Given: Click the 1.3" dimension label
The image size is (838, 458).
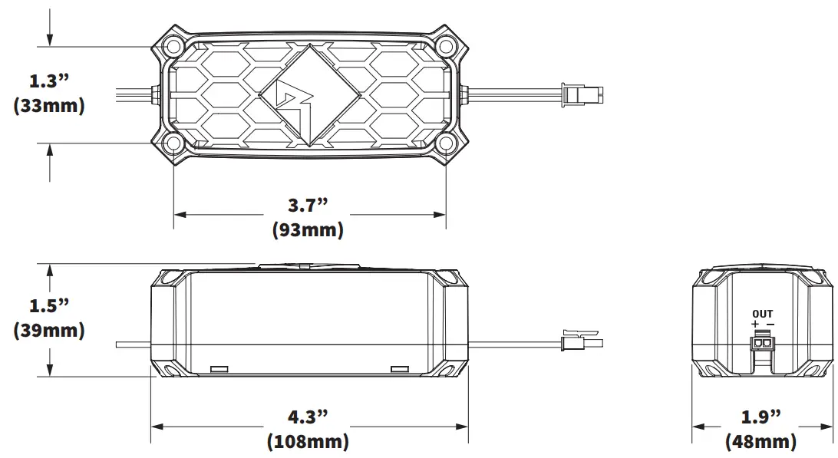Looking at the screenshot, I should point(48,81).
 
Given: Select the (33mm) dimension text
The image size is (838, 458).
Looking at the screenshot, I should point(48,106).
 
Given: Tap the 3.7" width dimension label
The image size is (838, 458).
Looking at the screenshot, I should point(308,205).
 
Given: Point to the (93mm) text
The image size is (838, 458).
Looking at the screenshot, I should point(308,230).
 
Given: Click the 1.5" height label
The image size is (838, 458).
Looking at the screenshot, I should point(48,305).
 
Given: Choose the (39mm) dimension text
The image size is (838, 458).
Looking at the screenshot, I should point(48,331).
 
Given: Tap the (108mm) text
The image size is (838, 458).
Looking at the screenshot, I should point(308,442).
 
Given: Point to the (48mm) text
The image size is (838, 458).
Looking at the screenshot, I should point(761,442).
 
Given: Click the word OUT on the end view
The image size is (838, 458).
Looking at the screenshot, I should point(762,314).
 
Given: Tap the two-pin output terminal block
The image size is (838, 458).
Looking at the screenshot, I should point(762,344).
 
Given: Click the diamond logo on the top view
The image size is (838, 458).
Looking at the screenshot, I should point(308,95).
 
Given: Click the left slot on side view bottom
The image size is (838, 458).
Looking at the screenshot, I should point(219,370).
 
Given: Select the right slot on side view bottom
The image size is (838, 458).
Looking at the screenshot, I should point(401,370).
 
